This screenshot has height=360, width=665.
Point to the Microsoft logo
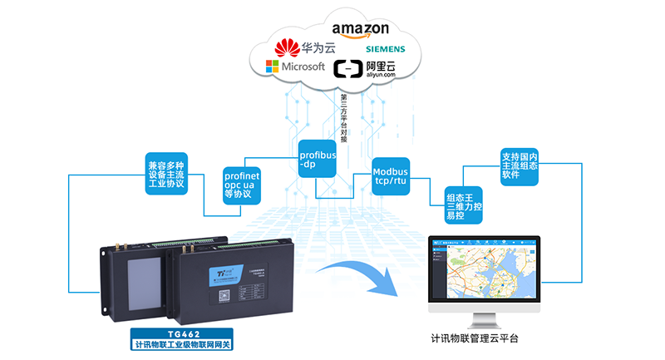click(295, 67)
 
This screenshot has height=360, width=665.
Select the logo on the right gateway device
click(219, 272)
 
